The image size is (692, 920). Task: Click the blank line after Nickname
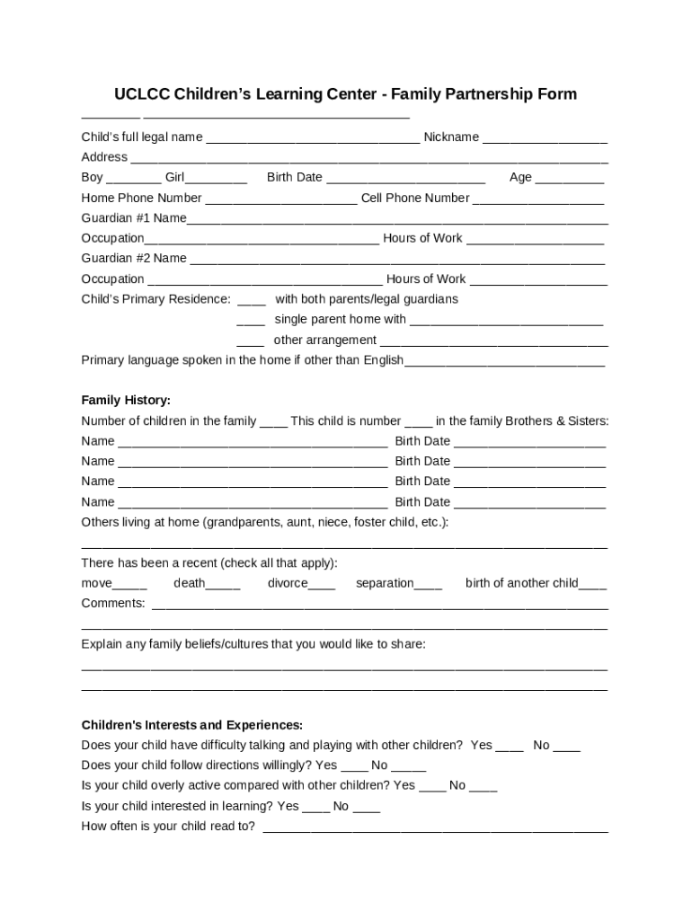[x=545, y=138]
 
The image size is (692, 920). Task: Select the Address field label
[x=104, y=157]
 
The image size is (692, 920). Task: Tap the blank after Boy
[x=133, y=178]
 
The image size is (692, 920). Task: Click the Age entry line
[x=570, y=178]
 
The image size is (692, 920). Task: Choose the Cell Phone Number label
[x=415, y=198]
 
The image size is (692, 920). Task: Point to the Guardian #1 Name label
[x=134, y=217]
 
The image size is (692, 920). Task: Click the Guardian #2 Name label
[x=134, y=258]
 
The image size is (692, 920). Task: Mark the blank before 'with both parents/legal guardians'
[x=252, y=300]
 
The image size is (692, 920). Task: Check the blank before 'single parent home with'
[x=251, y=321]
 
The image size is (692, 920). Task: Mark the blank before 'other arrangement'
[x=251, y=341]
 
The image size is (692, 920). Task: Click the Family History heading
[x=126, y=400]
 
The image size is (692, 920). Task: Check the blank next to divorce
[x=322, y=584]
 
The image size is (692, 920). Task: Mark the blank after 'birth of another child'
[x=593, y=584]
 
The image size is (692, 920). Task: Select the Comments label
[x=113, y=604]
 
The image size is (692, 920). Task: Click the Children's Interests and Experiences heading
[x=192, y=725]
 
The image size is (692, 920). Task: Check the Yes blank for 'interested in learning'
[x=315, y=807]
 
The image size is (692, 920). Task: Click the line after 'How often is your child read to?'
[x=435, y=827]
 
